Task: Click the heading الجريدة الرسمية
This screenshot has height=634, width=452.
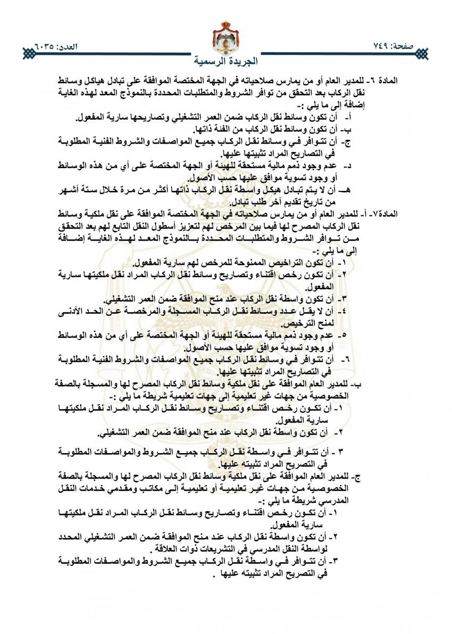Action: click(x=225, y=59)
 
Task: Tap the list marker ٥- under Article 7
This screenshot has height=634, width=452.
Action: click(x=344, y=335)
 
